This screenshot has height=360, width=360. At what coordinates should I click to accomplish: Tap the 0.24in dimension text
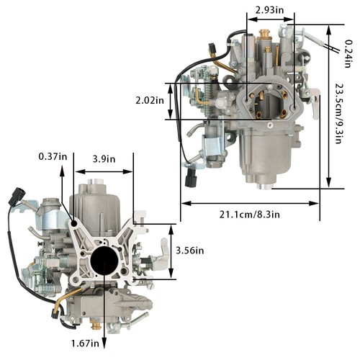pyautogui.click(x=348, y=53)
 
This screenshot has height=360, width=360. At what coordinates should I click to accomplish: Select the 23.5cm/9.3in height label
pyautogui.click(x=338, y=113)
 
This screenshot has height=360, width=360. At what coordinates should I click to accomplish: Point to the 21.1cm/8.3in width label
pyautogui.click(x=250, y=215)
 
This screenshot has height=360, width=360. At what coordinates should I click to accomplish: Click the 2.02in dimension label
pyautogui.click(x=150, y=100)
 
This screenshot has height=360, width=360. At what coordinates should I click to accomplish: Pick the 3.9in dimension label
pyautogui.click(x=104, y=159)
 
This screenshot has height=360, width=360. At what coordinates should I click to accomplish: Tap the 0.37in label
pyautogui.click(x=53, y=157)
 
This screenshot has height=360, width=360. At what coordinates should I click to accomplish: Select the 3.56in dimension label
pyautogui.click(x=190, y=251)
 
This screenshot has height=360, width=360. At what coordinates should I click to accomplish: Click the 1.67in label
pyautogui.click(x=85, y=343)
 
